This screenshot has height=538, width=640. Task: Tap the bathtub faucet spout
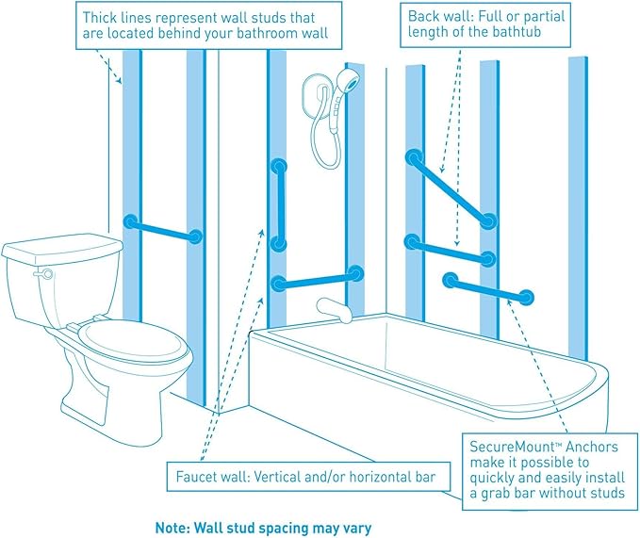pos(330,308)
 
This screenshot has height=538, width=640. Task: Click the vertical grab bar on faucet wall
pos(278,205)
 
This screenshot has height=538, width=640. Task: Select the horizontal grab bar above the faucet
pos(317,279)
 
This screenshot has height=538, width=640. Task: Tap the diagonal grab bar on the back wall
pos(450,188)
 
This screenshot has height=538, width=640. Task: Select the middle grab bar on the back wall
pos(449,250)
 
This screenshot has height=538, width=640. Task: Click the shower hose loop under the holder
pos(326,151)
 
